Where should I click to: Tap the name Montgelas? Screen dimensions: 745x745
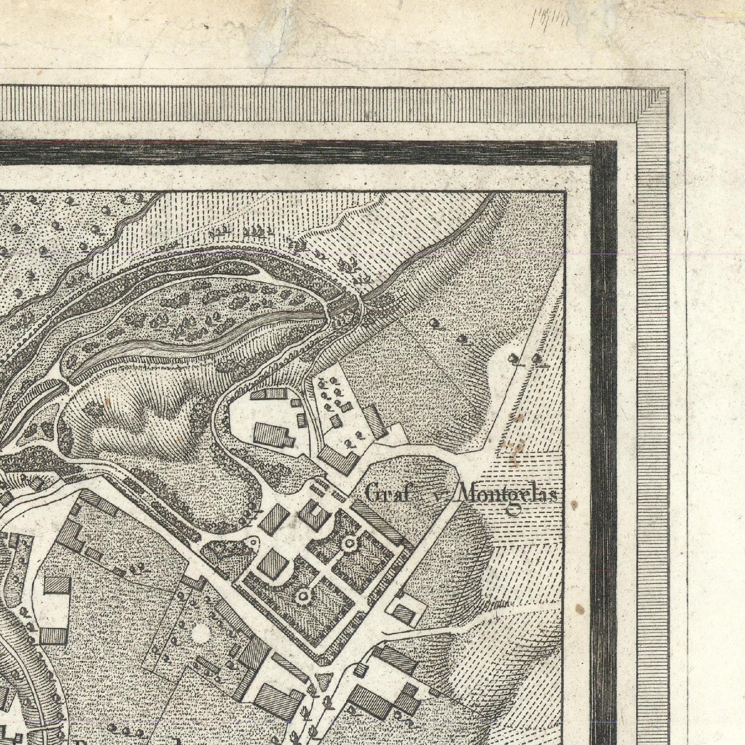[507, 495]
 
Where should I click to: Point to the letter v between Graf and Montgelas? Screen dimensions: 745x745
[436, 495]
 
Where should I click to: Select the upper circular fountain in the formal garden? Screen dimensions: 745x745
[350, 544]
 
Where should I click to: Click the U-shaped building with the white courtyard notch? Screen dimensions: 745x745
[314, 514]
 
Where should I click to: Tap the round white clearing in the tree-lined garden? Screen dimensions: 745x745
[201, 633]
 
